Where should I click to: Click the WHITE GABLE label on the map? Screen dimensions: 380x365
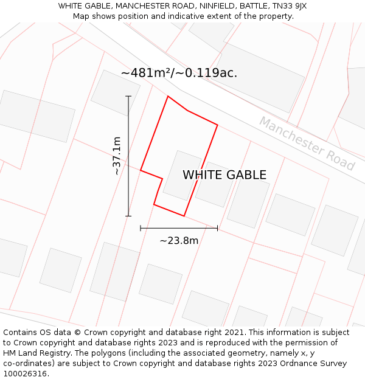tap(224, 175)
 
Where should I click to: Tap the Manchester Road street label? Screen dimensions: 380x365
tap(307, 143)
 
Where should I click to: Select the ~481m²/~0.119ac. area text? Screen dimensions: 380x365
tap(179, 73)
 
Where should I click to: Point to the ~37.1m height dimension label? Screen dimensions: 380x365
tap(117, 156)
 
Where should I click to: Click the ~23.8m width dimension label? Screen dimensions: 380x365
tap(179, 240)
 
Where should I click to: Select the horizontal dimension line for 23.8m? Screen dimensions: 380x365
tap(179, 228)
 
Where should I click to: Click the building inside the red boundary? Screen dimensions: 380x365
tap(181, 175)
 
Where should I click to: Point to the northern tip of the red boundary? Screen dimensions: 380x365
tap(168, 96)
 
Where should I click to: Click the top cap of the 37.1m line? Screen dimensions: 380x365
tap(128, 96)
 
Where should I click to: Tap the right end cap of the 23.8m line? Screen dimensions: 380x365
tap(217, 228)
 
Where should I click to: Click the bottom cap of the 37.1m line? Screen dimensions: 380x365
tap(128, 216)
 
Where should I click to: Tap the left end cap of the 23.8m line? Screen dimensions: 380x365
tap(141, 228)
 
